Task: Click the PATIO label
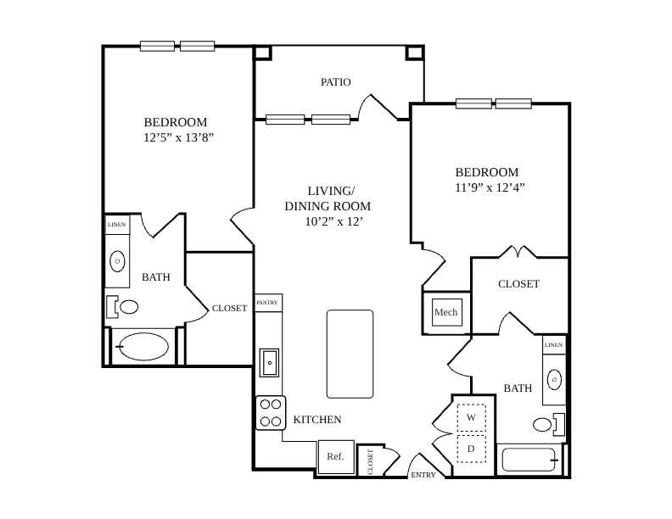[x=335, y=81]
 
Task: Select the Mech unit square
[x=447, y=312]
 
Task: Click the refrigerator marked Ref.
[x=336, y=457]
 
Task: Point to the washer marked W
[x=472, y=417]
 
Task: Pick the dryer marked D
[x=472, y=449]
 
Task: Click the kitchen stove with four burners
[x=271, y=413]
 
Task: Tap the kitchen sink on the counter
[x=269, y=363]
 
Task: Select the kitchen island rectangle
[x=350, y=354]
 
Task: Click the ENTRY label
[x=423, y=475]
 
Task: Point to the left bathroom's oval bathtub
[x=144, y=347]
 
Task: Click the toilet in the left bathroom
[x=123, y=307]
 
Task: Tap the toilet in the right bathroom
[x=549, y=424]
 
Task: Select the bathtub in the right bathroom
[x=529, y=460]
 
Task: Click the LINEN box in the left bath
[x=117, y=225]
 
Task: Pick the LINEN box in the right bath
[x=554, y=344]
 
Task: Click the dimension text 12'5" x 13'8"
[x=179, y=137]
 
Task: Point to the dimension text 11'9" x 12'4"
[x=490, y=187]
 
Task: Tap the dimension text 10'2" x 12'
[x=333, y=221]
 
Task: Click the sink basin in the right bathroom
[x=554, y=379]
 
